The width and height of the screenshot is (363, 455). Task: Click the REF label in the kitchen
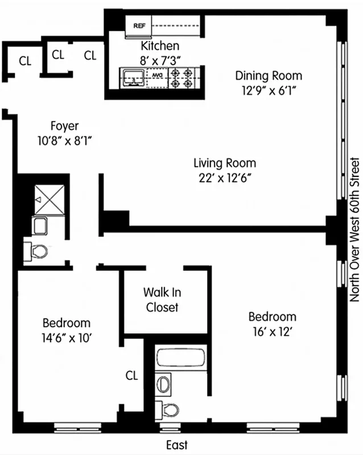(x=140, y=25)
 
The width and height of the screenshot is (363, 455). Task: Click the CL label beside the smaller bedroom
(x=132, y=375)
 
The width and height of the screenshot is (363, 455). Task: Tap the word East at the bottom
(x=177, y=445)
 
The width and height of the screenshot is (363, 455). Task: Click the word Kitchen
(x=160, y=46)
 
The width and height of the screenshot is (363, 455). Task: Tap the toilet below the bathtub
(x=170, y=409)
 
